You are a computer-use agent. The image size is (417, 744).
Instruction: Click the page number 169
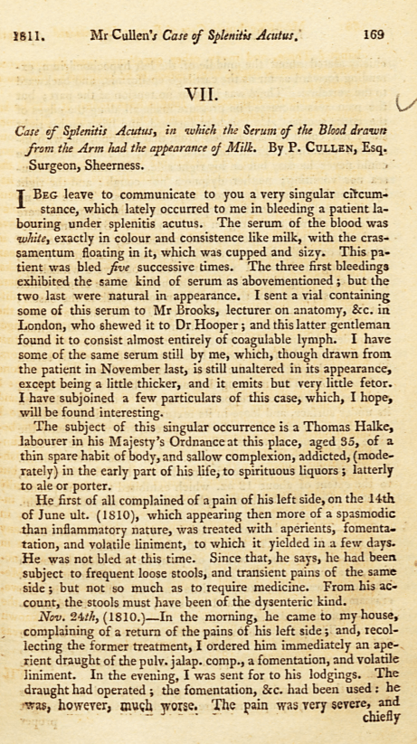click(x=372, y=36)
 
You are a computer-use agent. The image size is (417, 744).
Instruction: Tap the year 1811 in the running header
click(x=30, y=37)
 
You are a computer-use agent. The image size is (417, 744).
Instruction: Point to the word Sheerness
click(x=111, y=166)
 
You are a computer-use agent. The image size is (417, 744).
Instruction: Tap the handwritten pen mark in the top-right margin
click(x=404, y=107)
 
